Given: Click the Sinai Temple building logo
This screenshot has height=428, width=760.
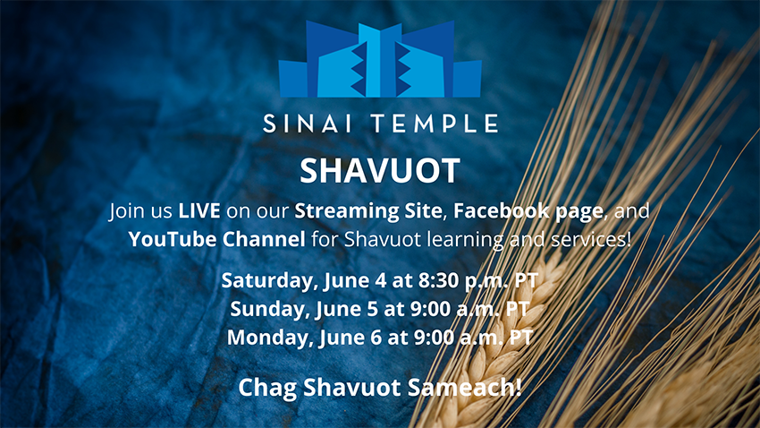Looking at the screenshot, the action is pyautogui.click(x=380, y=59).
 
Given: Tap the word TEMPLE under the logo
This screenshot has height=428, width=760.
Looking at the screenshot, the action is pyautogui.click(x=435, y=124).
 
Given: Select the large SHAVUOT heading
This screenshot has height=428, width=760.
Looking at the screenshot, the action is pyautogui.click(x=379, y=170).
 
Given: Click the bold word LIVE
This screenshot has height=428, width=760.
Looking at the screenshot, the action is pyautogui.click(x=199, y=210).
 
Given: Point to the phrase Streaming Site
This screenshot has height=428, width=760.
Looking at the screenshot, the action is pyautogui.click(x=367, y=211).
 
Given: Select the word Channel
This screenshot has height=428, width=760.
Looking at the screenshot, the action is pyautogui.click(x=264, y=239).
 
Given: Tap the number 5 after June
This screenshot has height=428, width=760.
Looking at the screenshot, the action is pyautogui.click(x=372, y=309).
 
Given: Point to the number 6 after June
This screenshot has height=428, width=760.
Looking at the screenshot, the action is pyautogui.click(x=376, y=338).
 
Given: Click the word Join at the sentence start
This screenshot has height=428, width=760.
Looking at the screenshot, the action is pyautogui.click(x=126, y=211).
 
